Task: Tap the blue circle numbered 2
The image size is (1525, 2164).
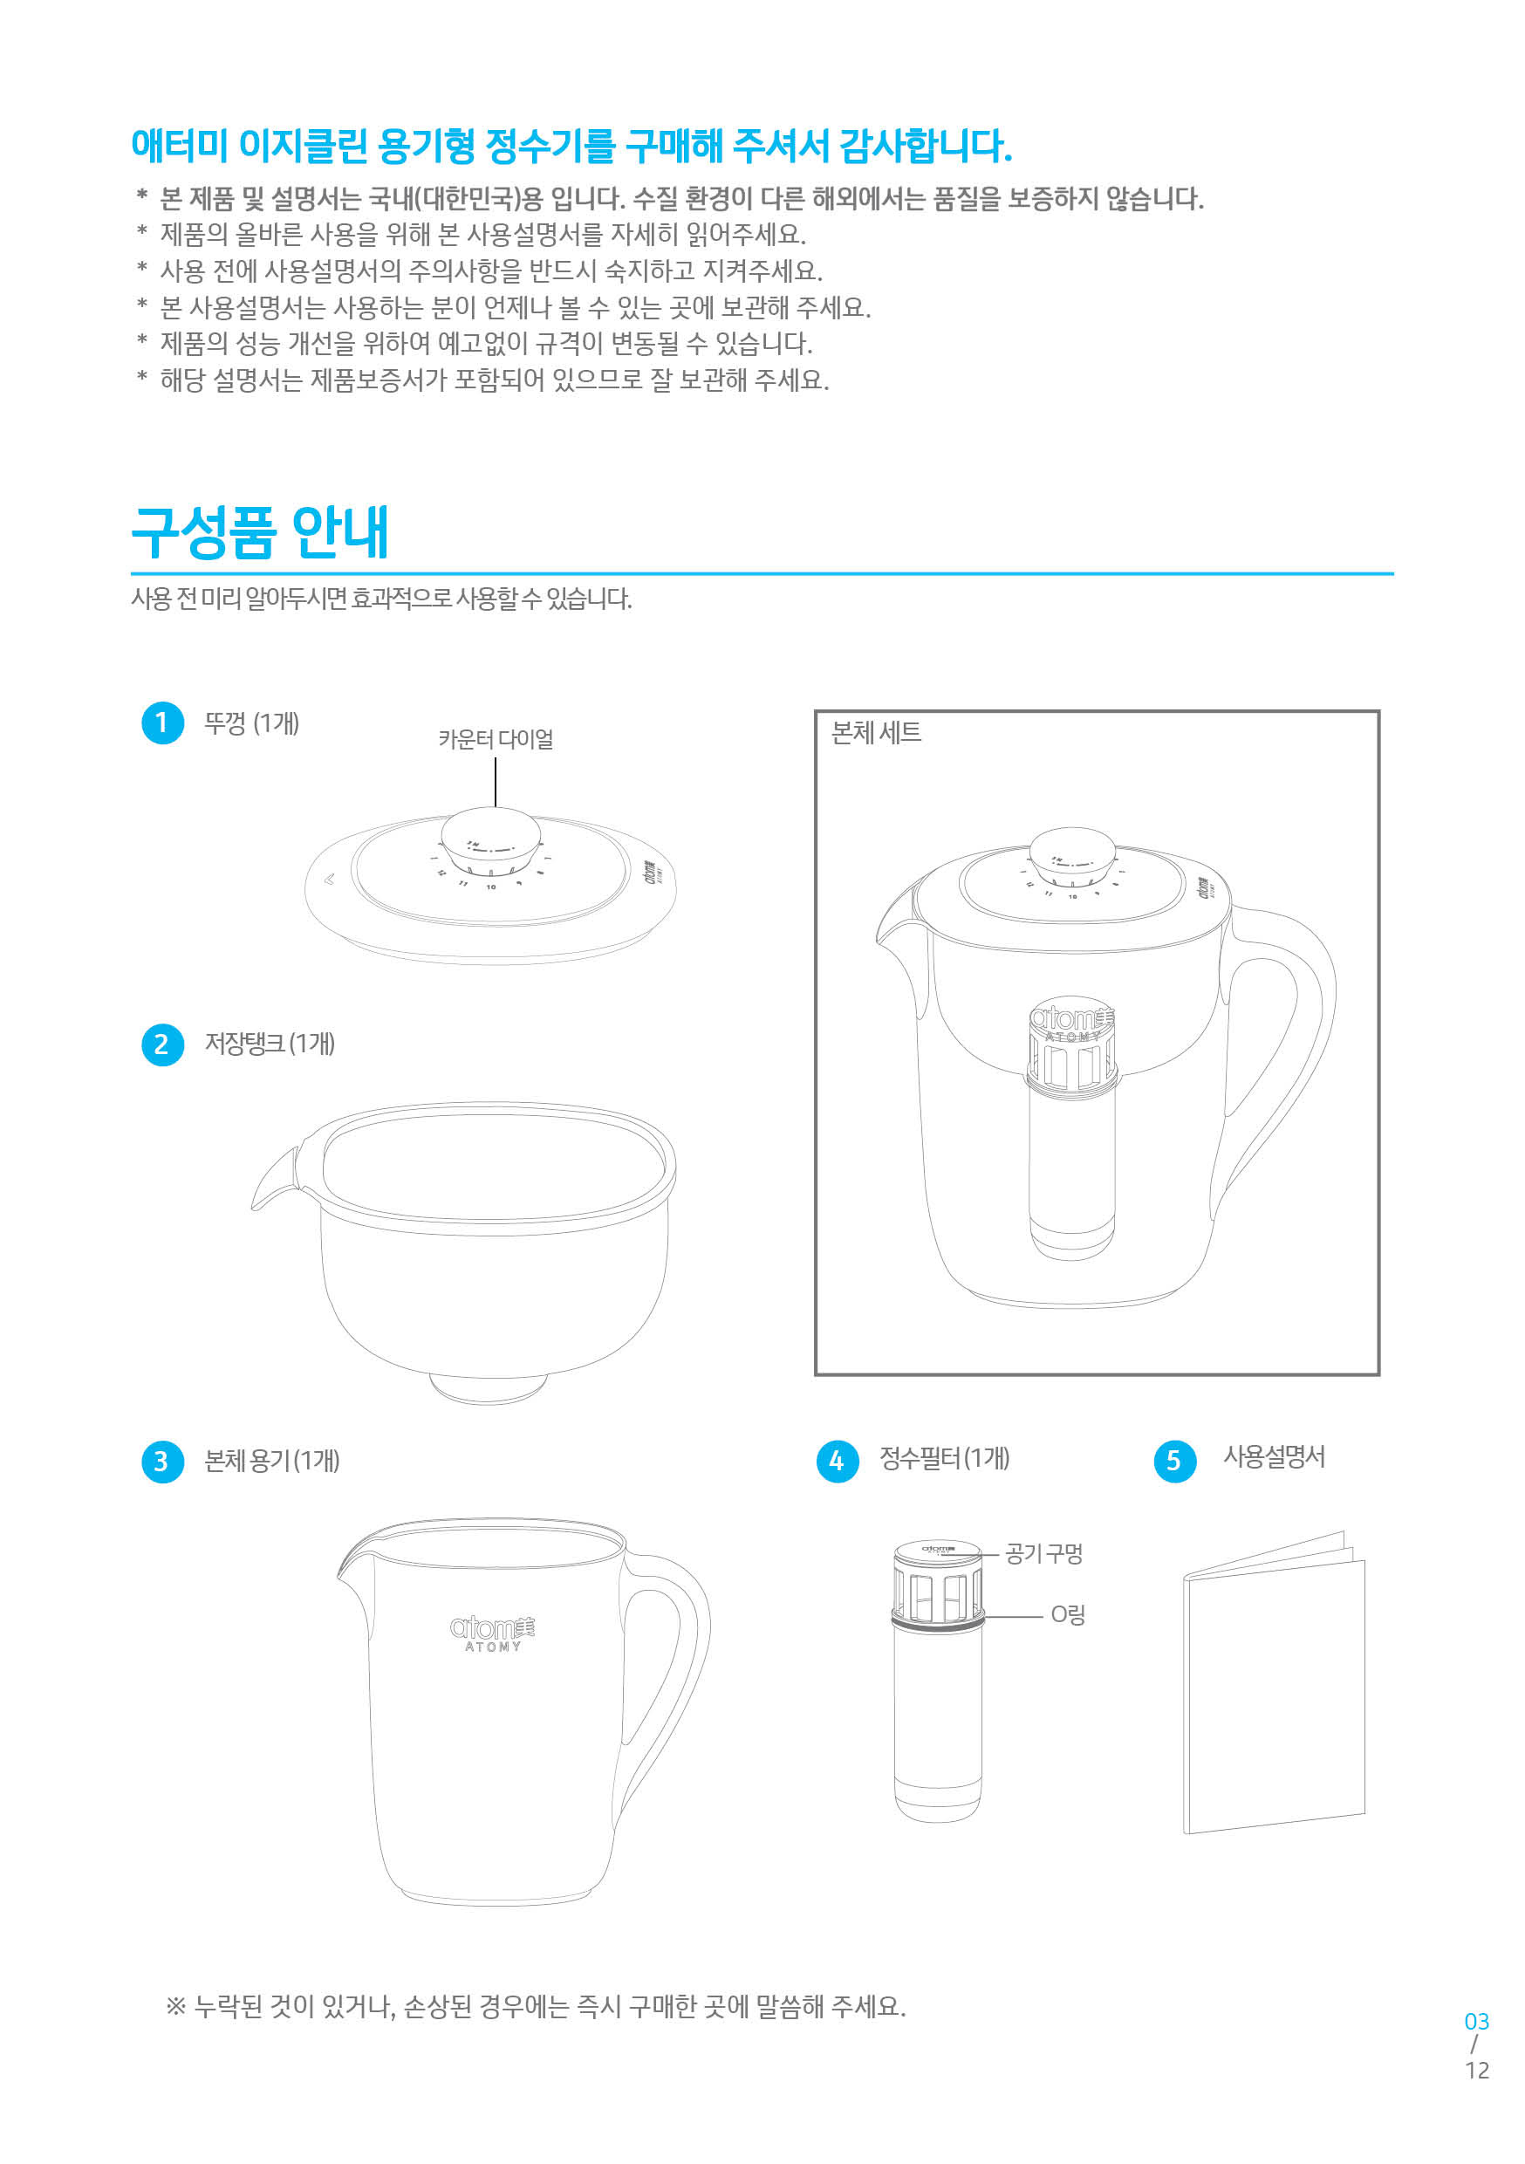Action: click(162, 1044)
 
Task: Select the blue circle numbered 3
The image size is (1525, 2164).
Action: click(162, 1461)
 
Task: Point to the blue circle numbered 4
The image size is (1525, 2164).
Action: click(837, 1461)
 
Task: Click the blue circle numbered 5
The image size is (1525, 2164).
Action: click(1174, 1461)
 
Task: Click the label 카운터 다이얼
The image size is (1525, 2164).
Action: click(496, 740)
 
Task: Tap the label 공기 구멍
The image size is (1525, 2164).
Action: click(1043, 1553)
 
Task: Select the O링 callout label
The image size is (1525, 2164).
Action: click(1068, 1615)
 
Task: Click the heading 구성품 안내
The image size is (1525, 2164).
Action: click(260, 532)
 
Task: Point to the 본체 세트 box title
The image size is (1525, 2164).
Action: click(876, 733)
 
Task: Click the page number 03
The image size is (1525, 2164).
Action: click(1476, 2022)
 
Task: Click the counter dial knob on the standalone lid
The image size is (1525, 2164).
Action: click(491, 834)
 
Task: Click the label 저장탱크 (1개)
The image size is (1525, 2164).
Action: click(270, 1044)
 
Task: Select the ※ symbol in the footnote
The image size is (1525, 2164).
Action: click(175, 2006)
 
